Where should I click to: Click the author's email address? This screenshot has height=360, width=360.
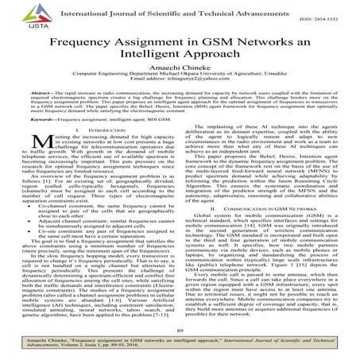click(180, 87)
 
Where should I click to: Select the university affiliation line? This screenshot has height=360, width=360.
click(180, 79)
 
